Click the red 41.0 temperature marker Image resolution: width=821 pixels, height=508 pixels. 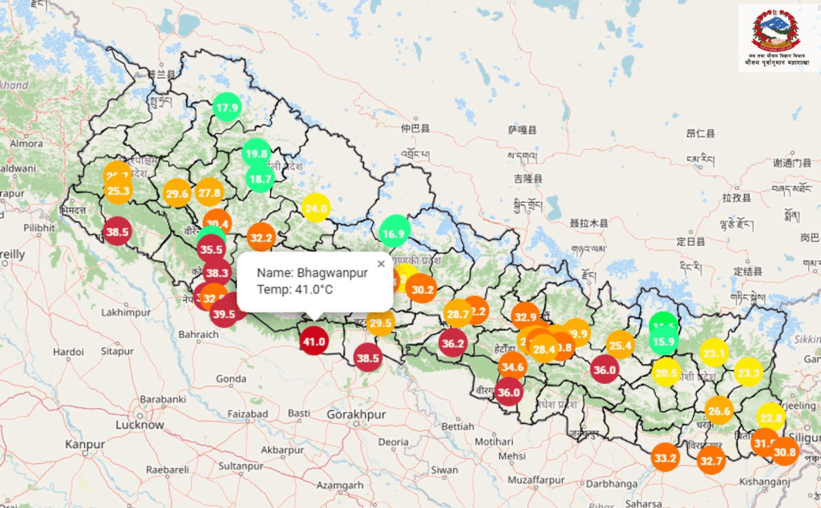coord(313,341)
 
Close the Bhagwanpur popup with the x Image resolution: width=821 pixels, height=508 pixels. coord(381,263)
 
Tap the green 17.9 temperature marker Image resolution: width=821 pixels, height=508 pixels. coord(228,107)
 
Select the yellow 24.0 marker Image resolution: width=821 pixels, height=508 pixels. coord(316,209)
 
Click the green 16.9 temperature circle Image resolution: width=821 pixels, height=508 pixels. coord(394,234)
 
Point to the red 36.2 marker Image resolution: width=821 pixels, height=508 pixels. coord(452,343)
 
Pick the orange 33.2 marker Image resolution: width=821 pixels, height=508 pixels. coord(665,458)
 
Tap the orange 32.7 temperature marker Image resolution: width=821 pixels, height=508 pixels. coord(711,461)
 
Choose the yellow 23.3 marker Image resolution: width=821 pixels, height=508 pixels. coord(748,372)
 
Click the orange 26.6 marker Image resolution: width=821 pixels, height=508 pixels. coord(719,411)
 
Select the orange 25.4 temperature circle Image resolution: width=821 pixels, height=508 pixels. coord(620,346)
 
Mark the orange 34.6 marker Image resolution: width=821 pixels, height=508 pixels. coord(512,367)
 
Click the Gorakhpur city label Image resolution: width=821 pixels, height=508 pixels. coord(357,415)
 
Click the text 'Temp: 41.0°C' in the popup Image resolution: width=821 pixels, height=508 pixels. coord(294,289)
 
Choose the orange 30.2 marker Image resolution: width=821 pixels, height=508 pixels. coord(421,289)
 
